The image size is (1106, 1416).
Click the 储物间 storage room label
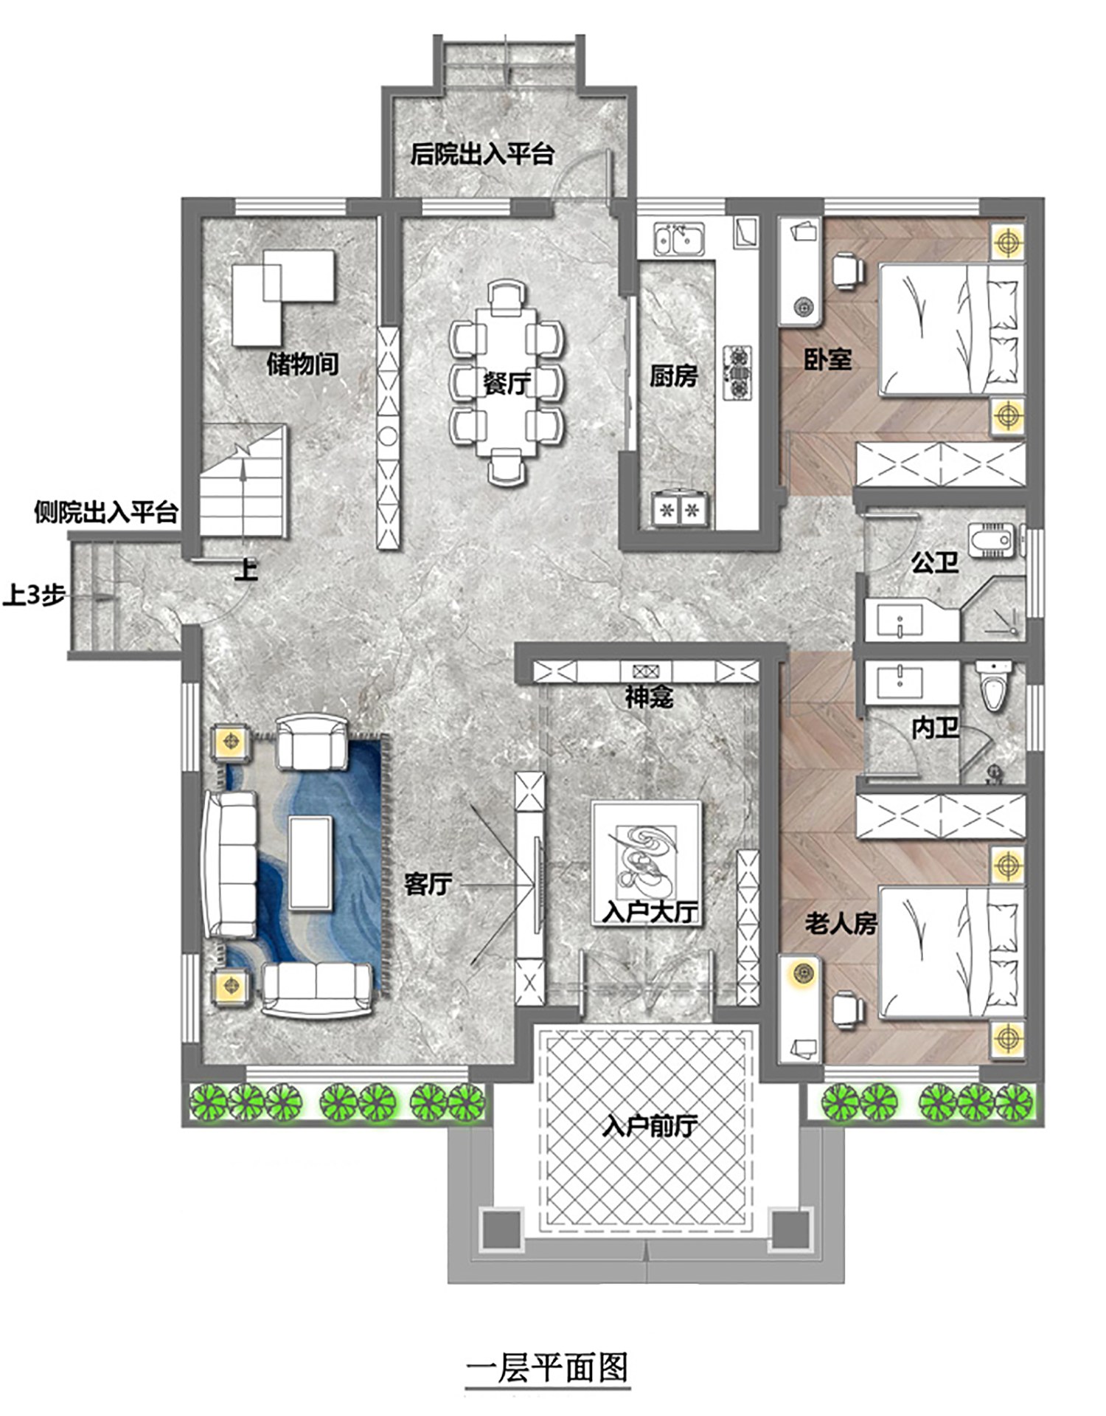coord(302,364)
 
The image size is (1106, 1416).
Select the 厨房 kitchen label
coord(673,376)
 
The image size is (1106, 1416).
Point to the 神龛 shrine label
coord(649,696)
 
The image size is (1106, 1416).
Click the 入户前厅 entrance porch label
coord(650,1126)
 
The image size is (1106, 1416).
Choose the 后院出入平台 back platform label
coord(482,154)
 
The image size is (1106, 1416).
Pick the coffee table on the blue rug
coord(310,862)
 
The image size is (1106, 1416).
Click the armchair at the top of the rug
coord(312,742)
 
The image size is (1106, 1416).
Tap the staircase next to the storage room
coord(243,480)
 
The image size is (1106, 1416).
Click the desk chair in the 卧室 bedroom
coord(848,271)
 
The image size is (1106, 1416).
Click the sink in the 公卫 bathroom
coord(900,621)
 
